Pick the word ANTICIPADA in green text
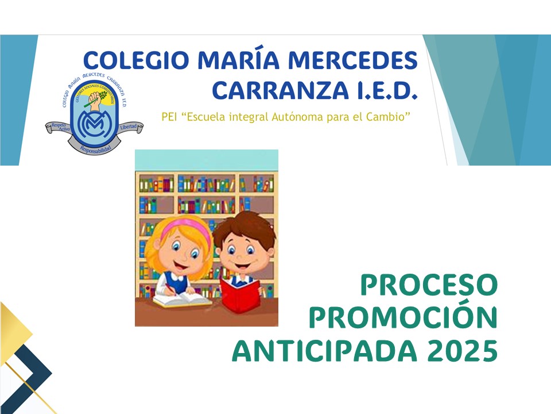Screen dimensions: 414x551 tap(320, 351)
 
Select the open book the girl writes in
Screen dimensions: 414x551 tap(179, 300)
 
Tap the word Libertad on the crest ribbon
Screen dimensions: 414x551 tap(128, 126)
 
